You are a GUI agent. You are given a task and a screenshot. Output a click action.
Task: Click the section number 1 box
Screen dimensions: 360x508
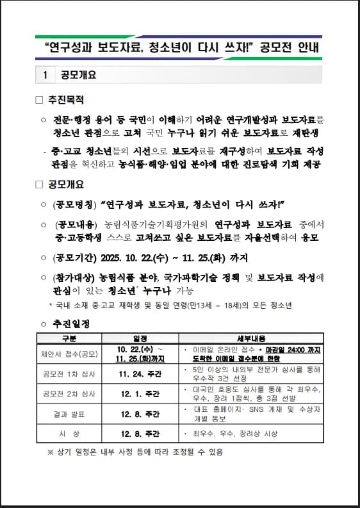[x=45, y=74]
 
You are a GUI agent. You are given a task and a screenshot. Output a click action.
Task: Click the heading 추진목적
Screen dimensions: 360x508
[x=66, y=100]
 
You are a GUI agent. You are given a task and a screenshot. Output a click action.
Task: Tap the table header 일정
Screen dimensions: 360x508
[x=140, y=338]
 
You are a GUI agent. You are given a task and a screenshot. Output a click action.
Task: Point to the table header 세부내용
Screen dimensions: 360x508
[x=250, y=338]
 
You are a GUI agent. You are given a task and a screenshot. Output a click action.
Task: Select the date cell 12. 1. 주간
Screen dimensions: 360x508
[x=140, y=393]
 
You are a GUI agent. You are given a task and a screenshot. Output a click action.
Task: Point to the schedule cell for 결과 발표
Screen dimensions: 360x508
[x=140, y=414]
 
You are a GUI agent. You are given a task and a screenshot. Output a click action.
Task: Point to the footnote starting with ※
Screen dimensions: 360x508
[x=135, y=452]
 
